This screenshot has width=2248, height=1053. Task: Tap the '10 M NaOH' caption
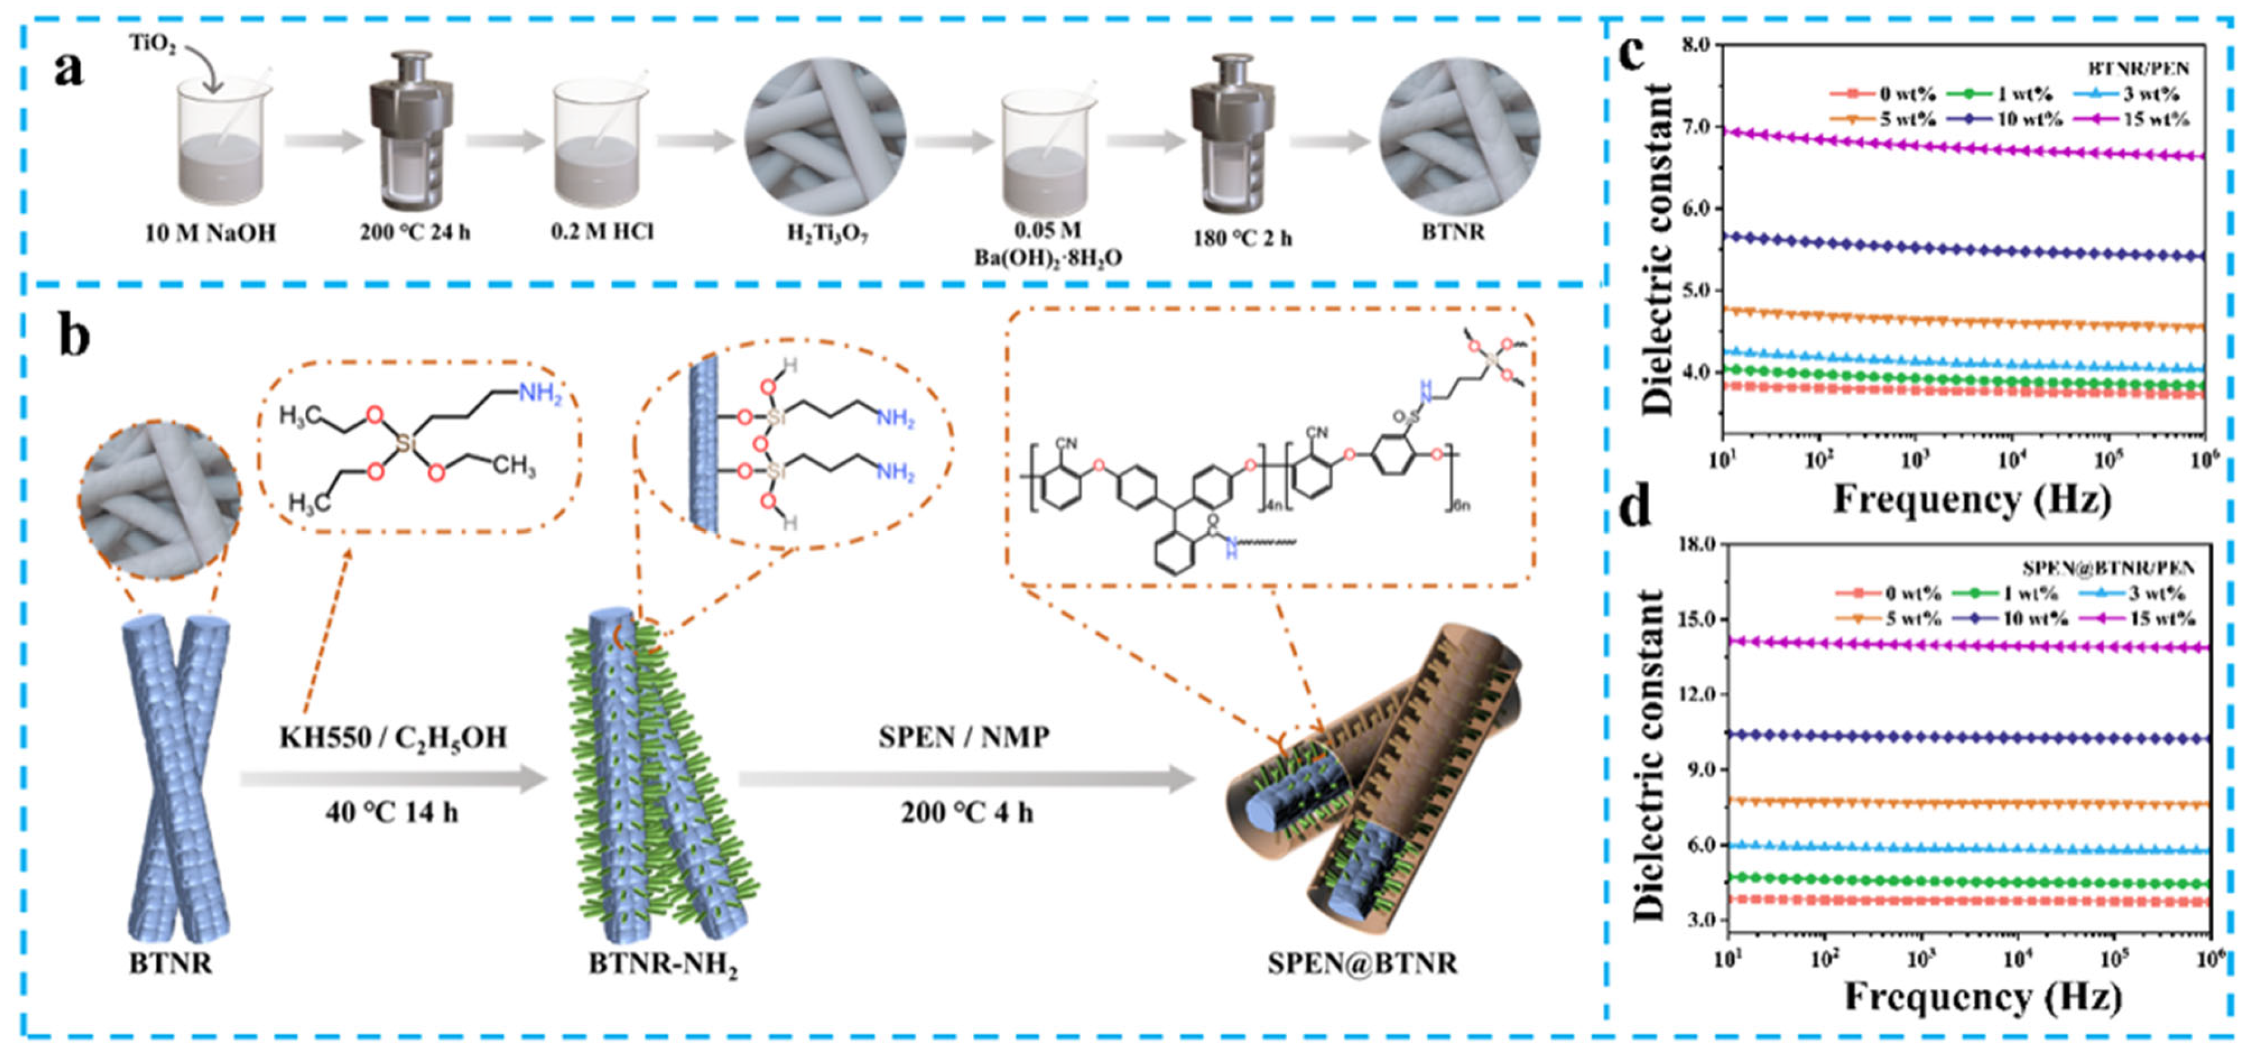(x=210, y=233)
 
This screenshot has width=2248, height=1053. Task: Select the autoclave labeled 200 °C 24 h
(x=411, y=131)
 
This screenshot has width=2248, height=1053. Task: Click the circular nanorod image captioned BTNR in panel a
(x=1459, y=135)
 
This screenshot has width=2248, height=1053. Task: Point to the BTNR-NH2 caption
(x=663, y=965)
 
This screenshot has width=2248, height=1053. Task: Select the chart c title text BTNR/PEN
(x=2138, y=68)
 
